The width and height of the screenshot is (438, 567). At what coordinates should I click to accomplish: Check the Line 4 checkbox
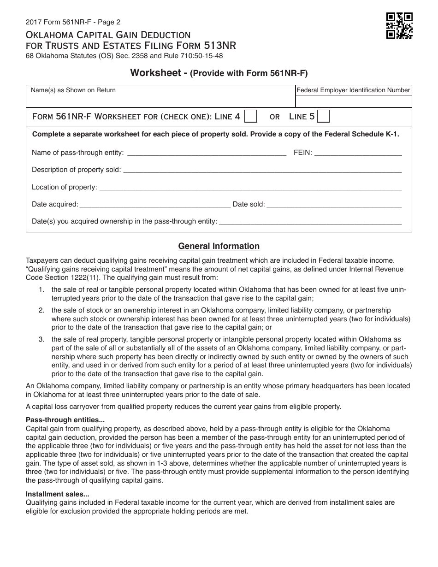point(250,117)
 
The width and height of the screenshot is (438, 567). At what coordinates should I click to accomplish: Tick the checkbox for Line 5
point(324,117)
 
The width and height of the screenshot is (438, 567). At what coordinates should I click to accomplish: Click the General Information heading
point(219,246)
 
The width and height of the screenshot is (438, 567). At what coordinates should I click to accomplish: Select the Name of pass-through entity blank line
point(206,154)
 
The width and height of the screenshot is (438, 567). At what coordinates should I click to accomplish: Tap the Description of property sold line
point(262,171)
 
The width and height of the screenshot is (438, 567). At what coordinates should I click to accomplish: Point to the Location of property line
point(250,188)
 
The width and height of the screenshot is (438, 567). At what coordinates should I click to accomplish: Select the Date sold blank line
point(334,205)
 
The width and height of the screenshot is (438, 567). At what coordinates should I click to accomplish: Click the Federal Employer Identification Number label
point(353,90)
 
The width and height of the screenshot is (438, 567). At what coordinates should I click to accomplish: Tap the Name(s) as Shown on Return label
point(73,90)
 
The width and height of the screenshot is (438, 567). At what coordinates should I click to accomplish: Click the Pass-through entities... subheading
point(65,420)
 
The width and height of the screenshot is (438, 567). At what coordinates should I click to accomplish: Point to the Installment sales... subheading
point(58,494)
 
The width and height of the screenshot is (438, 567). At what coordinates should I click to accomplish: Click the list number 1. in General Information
point(41,289)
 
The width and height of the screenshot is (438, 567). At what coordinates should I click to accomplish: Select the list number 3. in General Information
point(41,339)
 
